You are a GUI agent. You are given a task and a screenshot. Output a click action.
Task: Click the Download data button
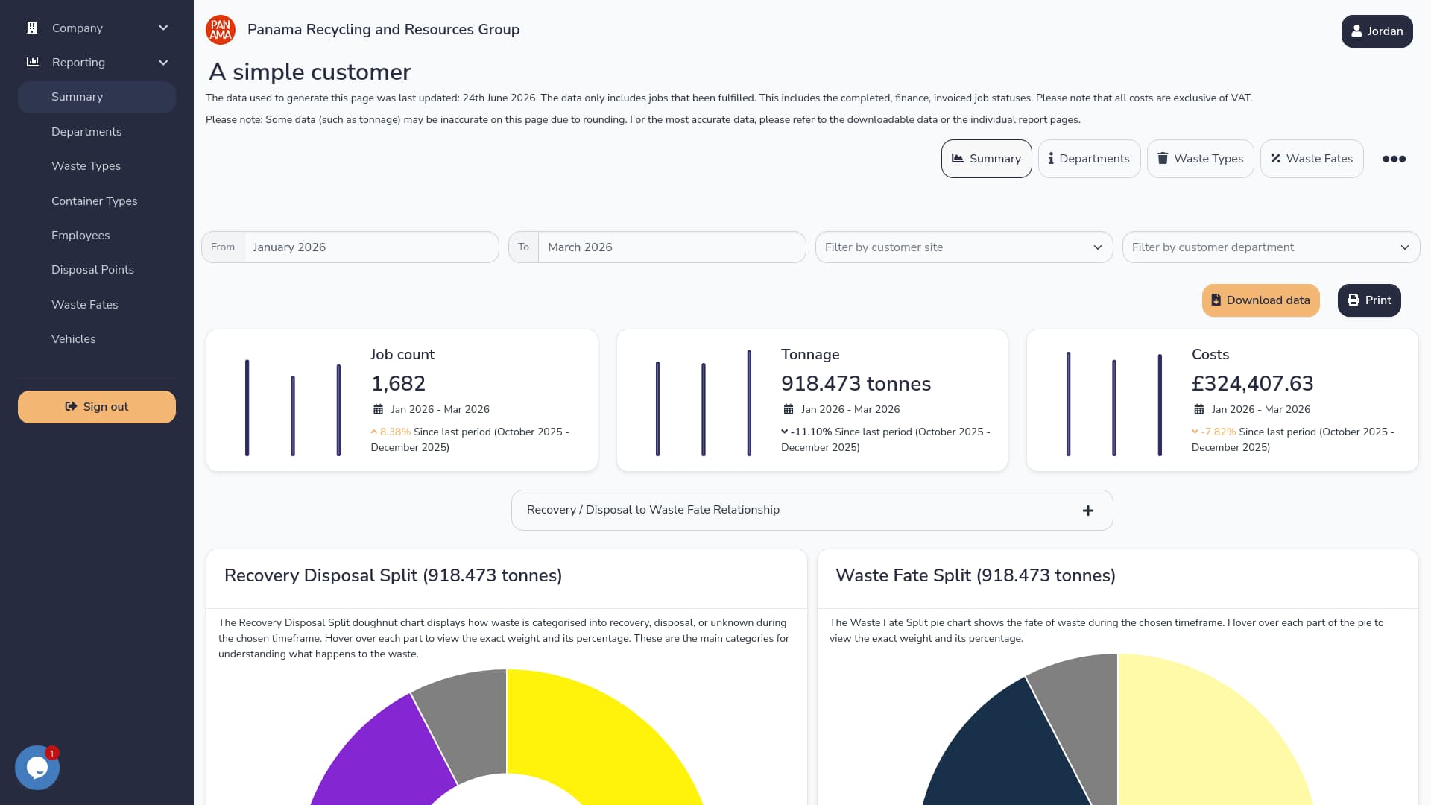pos(1260,300)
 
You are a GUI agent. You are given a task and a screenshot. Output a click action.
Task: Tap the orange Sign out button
pos(97,407)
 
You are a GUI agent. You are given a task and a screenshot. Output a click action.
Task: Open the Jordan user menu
pos(1377,31)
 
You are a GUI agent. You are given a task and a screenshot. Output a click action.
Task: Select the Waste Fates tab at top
pos(1312,159)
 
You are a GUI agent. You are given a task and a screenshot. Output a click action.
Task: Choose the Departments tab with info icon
pos(1089,159)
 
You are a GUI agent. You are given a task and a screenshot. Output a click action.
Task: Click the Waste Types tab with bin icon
pos(1200,159)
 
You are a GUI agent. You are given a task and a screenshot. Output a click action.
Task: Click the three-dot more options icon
pos(1394,159)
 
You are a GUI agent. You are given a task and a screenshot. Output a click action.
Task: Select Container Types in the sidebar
pos(95,201)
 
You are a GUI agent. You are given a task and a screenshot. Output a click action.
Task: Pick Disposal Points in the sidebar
pos(92,270)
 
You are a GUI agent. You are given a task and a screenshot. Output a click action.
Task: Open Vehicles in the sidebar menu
pos(74,339)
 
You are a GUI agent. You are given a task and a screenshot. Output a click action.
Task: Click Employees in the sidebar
pos(80,236)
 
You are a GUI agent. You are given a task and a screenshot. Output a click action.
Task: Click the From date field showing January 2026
pos(371,247)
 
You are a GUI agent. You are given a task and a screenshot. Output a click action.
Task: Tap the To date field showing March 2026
pos(672,247)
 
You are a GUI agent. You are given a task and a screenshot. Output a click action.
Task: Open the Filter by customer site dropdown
pos(964,247)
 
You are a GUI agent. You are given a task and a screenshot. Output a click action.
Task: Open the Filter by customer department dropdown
pos(1271,247)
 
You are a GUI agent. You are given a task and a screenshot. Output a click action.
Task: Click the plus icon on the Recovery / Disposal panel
pos(1088,511)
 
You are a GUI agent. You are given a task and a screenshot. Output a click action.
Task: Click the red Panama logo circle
pos(221,30)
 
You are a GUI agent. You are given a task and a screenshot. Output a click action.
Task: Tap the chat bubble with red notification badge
pos(37,768)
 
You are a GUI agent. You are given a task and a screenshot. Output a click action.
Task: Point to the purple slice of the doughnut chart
pos(380,753)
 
